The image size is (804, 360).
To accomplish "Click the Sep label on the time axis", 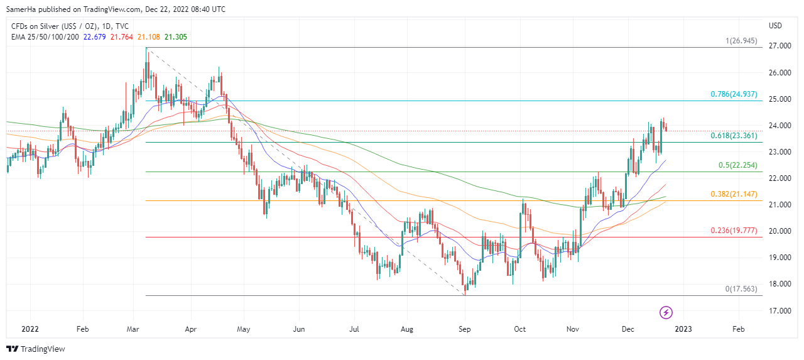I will pos(465,329).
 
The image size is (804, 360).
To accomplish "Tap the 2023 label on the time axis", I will pos(683,329).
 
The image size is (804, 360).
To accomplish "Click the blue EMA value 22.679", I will pos(95,37).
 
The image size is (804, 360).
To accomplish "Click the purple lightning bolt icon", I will pos(666,312).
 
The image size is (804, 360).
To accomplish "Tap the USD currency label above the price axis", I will pos(775,26).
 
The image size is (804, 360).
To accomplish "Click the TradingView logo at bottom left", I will pos(36,349).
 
